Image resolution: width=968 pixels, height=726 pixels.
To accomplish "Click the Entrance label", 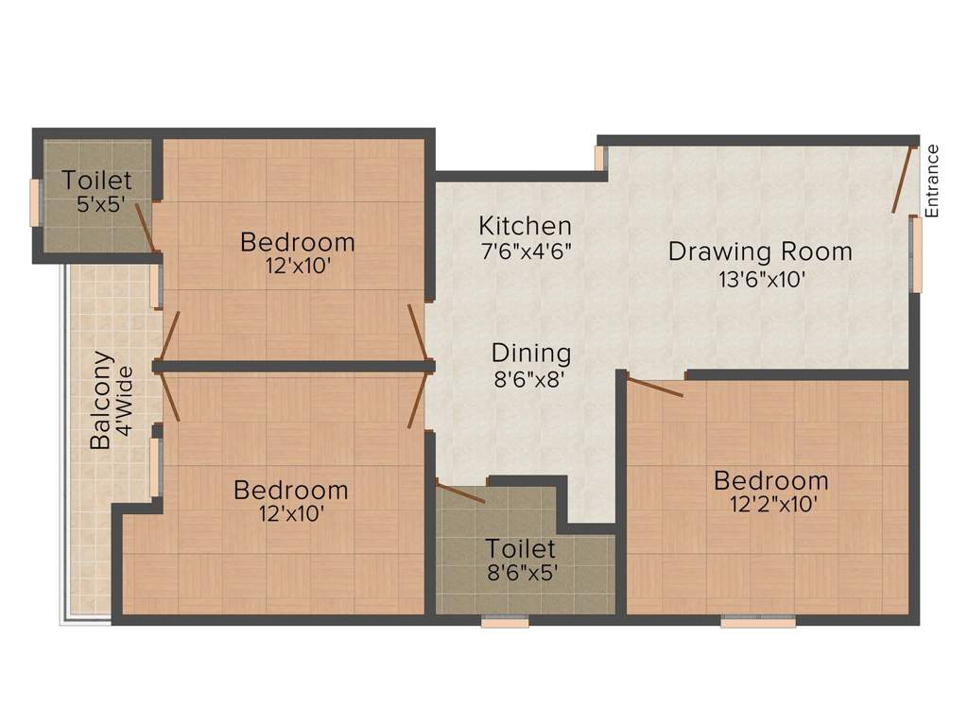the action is tap(932, 181).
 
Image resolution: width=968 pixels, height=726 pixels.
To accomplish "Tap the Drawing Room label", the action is tap(760, 251).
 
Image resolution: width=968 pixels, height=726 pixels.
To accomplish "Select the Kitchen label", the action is tap(525, 226).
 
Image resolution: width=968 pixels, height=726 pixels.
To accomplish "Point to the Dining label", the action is tap(531, 354).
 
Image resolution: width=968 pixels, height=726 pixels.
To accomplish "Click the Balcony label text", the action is tap(101, 400).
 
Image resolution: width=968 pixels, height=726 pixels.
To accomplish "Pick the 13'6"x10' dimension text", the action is tap(761, 280).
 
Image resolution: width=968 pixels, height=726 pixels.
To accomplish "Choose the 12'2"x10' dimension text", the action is tap(773, 505).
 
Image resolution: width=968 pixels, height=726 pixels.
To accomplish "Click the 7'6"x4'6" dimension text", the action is tap(525, 251).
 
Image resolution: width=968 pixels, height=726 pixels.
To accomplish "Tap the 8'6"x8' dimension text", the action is tap(529, 379).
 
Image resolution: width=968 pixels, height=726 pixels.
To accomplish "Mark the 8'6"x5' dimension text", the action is tap(523, 573).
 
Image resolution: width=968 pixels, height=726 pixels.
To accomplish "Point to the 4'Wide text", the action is tap(126, 401).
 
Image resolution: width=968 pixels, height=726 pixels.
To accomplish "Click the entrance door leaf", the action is tap(904, 179).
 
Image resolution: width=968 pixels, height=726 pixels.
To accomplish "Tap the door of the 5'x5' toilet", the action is tap(146, 228).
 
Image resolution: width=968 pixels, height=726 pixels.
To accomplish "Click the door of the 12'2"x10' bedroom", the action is tap(654, 387).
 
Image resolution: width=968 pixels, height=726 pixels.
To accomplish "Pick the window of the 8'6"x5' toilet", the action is tap(505, 622).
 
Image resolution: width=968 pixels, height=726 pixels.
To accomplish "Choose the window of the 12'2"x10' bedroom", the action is tap(758, 622).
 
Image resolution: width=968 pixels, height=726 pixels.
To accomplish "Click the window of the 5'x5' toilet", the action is tap(35, 203).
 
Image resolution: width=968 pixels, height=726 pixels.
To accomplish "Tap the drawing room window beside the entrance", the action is tap(917, 253).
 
